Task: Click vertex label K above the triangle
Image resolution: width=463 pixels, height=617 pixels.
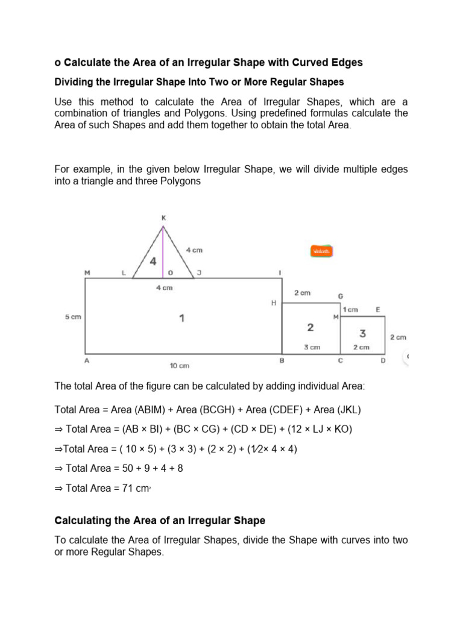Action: coord(163,218)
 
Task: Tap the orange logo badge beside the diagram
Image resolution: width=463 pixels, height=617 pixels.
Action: coord(322,251)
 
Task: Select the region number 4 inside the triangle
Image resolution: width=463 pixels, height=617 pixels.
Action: coord(153,262)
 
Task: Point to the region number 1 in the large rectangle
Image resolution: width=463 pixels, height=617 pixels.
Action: coord(182,318)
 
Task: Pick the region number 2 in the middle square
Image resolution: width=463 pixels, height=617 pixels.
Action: coord(310,327)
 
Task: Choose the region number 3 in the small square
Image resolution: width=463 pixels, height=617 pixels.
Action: coord(362,333)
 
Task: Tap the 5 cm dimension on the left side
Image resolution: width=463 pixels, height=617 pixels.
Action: coord(72,317)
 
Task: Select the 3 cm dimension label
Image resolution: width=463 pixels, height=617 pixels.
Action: coord(311,347)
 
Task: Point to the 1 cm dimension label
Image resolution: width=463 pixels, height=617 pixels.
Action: coord(351,310)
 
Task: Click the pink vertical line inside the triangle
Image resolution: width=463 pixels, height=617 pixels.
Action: coord(163,253)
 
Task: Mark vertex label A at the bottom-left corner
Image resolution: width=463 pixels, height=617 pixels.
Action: coord(87,361)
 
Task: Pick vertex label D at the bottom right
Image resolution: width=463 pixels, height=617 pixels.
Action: coord(382,361)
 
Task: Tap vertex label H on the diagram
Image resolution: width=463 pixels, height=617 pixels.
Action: coord(274,303)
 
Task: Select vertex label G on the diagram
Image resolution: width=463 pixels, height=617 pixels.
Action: coord(341,296)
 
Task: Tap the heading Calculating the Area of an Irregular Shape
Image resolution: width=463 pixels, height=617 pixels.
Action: coord(160,520)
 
